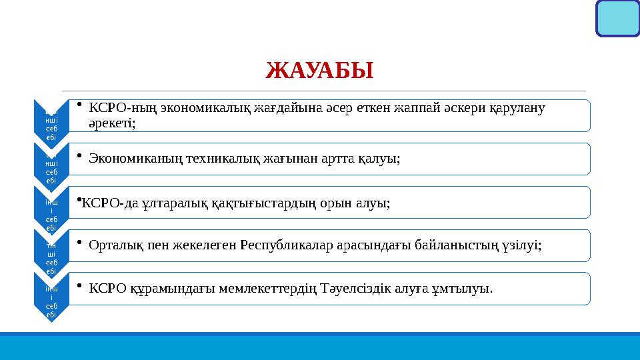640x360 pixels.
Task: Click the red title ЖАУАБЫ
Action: pyautogui.click(x=319, y=69)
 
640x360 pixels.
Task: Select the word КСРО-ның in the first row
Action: pyautogui.click(x=117, y=107)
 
